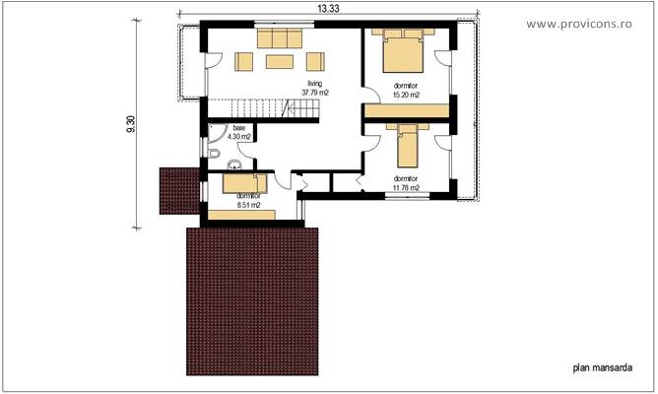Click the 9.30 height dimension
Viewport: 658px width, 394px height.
132,123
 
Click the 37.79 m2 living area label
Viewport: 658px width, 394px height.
315,90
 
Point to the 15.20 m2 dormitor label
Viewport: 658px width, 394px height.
405,91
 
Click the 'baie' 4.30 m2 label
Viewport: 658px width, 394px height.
239,133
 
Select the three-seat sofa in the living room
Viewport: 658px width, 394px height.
281,37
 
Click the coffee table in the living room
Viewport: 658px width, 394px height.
280,62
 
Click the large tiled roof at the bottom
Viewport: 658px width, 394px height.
253,300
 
